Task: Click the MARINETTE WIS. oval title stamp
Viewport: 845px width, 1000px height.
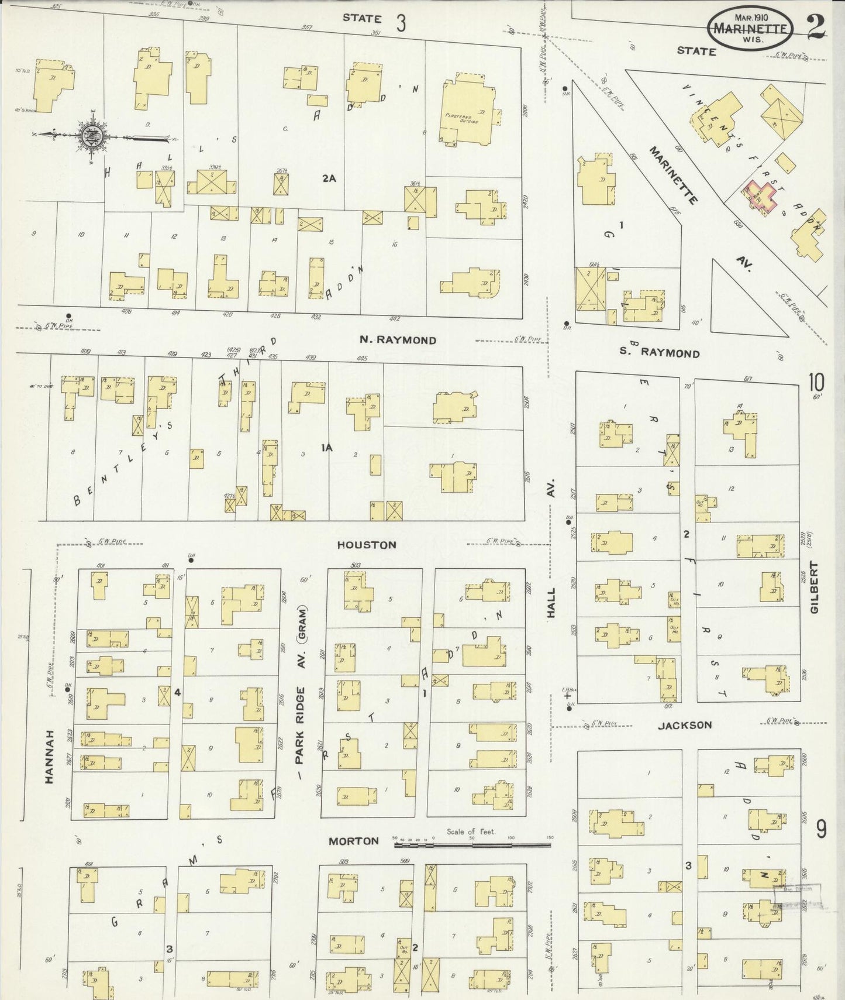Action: (751, 28)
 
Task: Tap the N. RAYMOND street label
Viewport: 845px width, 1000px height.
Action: (398, 340)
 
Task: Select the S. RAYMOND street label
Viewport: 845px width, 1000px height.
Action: (659, 353)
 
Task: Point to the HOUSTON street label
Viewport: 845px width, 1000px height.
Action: (367, 545)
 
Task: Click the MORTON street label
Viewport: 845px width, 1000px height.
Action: (353, 841)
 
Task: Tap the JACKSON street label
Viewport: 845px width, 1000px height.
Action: (685, 725)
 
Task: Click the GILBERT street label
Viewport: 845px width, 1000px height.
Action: (814, 587)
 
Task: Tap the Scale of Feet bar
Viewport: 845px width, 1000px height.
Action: (474, 845)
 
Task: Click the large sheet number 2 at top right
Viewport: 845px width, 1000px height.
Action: (815, 26)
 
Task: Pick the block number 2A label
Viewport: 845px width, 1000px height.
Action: (329, 178)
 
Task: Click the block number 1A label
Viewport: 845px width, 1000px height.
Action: (326, 448)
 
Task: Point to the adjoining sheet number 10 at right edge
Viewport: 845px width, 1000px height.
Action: (816, 383)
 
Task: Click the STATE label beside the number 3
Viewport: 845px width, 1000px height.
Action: (362, 18)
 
